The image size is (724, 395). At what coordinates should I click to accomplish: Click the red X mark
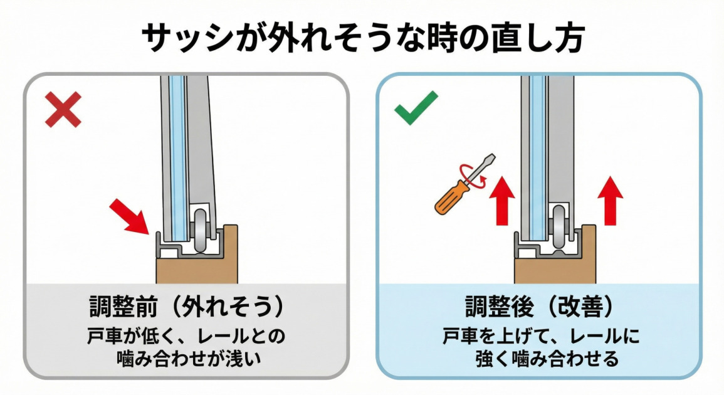click(x=63, y=110)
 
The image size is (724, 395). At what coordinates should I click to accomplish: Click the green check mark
click(x=415, y=108)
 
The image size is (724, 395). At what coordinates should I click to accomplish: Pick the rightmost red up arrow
click(x=610, y=201)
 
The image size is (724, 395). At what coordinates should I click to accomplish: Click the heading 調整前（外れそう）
click(x=186, y=308)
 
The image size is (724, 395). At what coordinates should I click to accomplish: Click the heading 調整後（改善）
click(x=538, y=308)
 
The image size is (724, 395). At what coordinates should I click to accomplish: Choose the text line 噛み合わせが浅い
click(x=186, y=359)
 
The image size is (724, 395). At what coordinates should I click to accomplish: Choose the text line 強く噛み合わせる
click(x=538, y=359)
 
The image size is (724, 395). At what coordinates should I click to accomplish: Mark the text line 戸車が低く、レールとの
click(x=186, y=336)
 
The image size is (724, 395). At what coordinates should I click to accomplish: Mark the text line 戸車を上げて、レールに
click(x=538, y=336)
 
